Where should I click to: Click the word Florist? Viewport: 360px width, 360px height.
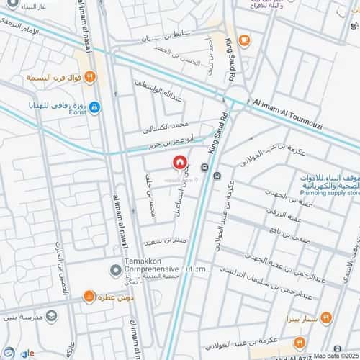coord(78,113)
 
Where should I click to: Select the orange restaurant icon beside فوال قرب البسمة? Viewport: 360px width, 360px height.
coord(91,76)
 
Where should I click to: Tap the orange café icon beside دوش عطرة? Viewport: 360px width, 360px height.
coord(88,296)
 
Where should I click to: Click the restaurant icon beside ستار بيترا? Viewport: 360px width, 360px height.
coord(326,318)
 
